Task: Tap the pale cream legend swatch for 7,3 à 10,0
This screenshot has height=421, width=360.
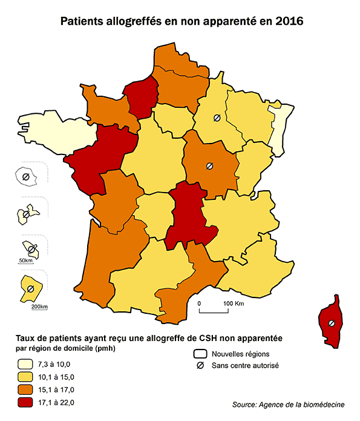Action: pyautogui.click(x=25, y=365)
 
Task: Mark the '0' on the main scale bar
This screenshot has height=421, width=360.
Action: pyautogui.click(x=199, y=303)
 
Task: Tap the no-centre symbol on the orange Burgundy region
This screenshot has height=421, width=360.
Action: pyautogui.click(x=209, y=165)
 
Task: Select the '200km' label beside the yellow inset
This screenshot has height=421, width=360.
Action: pyautogui.click(x=39, y=307)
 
